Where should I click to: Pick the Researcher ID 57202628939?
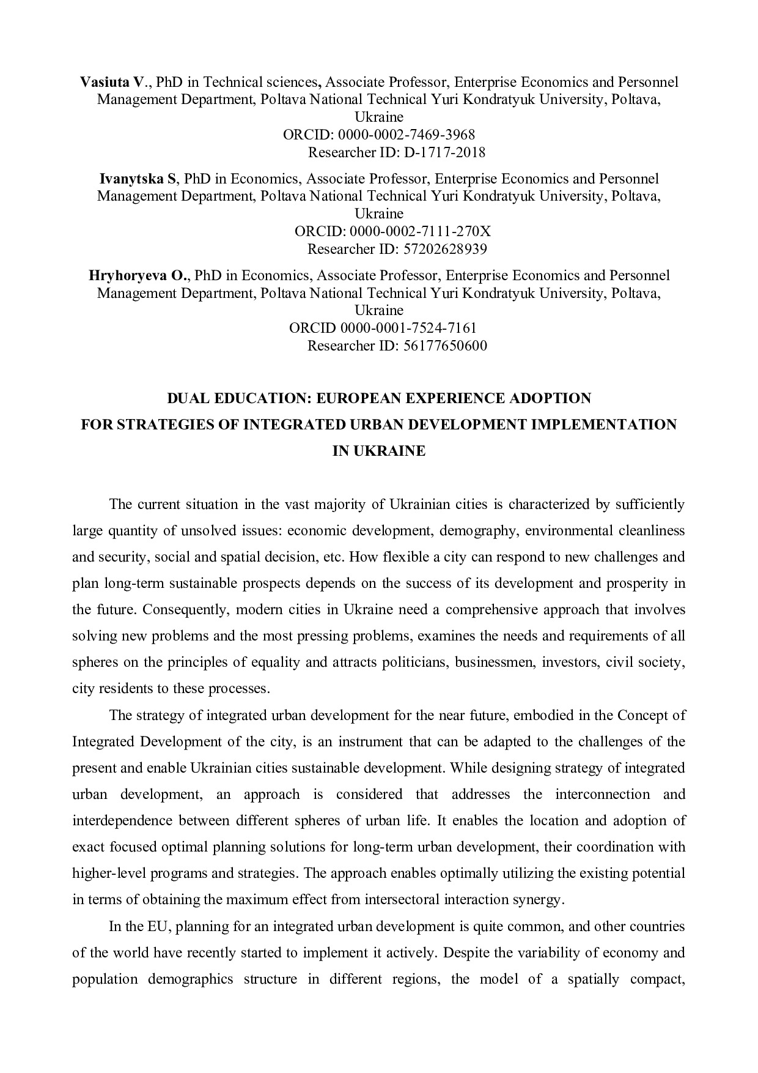pyautogui.click(x=445, y=249)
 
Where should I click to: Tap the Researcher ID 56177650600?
pyautogui.click(x=445, y=346)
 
